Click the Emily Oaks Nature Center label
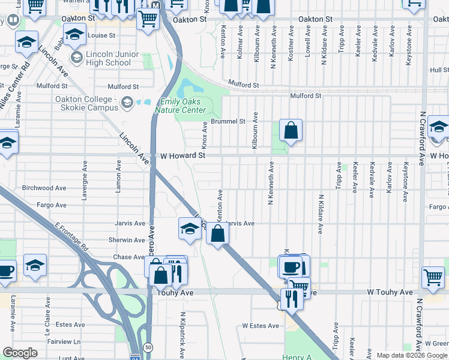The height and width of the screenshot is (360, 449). (x=180, y=106)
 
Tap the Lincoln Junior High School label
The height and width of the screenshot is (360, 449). (x=109, y=59)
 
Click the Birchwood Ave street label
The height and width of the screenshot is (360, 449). (x=44, y=188)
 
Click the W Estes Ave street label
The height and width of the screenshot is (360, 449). (x=261, y=326)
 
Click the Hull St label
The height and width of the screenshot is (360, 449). (x=439, y=70)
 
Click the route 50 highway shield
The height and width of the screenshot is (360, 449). (x=148, y=347)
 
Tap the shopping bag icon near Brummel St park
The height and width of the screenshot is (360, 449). (x=291, y=130)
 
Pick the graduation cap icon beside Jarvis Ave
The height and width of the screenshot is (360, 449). (x=190, y=229)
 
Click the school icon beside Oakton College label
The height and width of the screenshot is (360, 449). (x=127, y=103)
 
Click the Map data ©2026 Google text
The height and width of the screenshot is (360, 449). (x=411, y=355)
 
